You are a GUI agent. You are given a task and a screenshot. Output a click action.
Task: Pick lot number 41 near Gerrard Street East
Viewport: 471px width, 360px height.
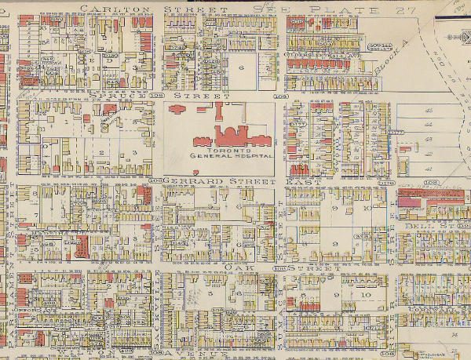click(x=428, y=168)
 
